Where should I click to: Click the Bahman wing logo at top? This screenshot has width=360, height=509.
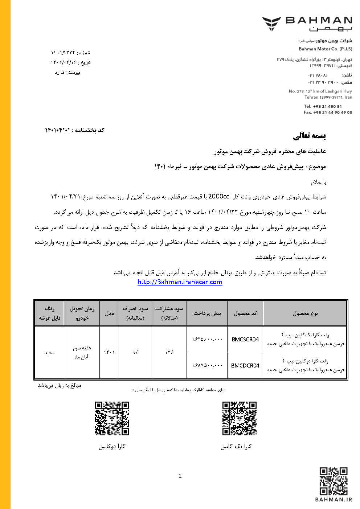(271, 24)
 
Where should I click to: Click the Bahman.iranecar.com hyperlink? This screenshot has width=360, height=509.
(180, 282)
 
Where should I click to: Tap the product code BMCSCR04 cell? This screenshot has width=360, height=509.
(245, 340)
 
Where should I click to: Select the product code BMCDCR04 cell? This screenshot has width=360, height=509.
(245, 366)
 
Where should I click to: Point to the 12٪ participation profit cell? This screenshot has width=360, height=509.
(169, 352)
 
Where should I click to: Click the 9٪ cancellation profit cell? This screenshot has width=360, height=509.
(135, 352)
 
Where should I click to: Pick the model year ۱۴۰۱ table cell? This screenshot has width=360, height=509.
(109, 352)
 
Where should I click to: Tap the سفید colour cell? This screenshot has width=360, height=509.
(49, 352)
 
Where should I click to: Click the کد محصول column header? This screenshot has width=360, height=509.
(245, 313)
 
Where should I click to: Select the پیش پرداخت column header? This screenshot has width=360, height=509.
(207, 313)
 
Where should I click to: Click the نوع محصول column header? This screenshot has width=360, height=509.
(305, 313)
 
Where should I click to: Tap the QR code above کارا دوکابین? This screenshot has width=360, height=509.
(112, 418)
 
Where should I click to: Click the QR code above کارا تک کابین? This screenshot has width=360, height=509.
(240, 418)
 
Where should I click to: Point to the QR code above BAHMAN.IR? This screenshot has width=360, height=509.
(334, 481)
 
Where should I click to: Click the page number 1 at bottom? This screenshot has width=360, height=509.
(180, 476)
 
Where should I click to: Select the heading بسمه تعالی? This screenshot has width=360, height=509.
(310, 136)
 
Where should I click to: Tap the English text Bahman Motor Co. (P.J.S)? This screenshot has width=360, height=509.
(325, 49)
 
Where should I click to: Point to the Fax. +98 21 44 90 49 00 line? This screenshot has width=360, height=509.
(328, 112)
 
